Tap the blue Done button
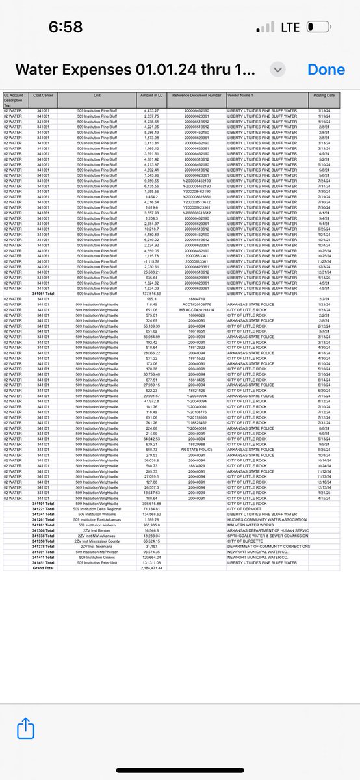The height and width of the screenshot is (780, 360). [x=326, y=70]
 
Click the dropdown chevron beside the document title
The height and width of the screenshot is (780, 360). [x=278, y=70]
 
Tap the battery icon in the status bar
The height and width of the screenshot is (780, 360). [x=318, y=27]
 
